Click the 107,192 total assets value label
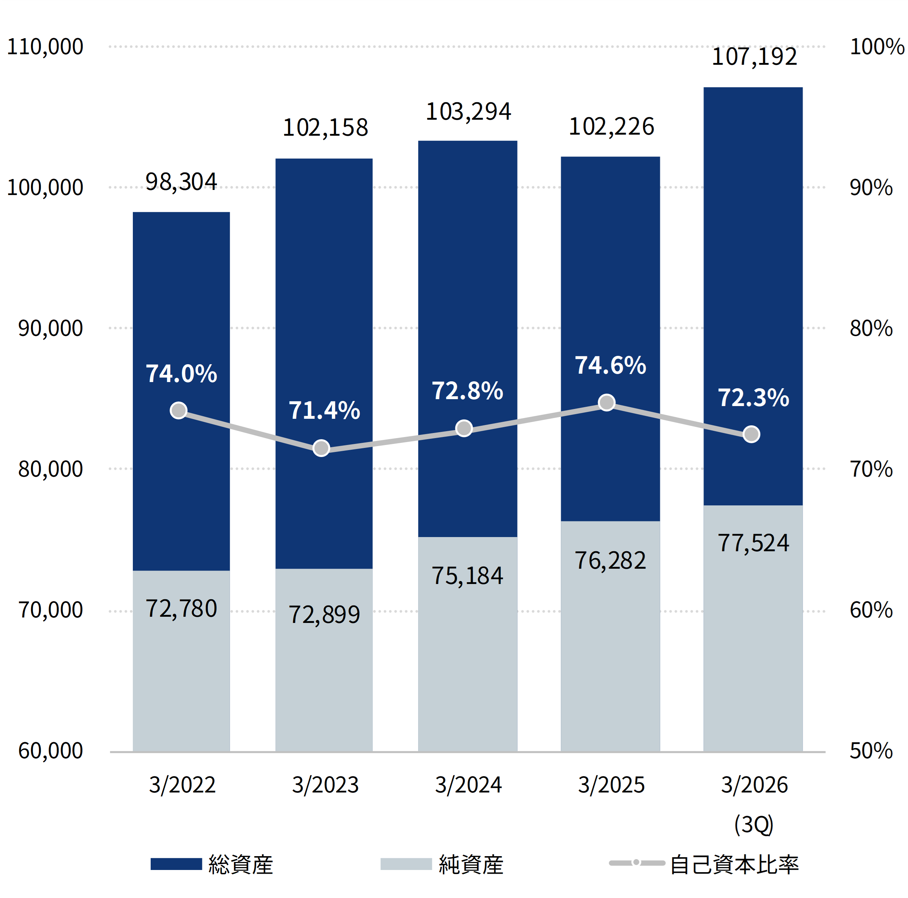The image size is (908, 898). click(754, 57)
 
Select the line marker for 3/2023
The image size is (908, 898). click(321, 448)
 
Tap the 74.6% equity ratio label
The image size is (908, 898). click(611, 366)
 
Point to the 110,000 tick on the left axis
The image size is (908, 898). click(45, 47)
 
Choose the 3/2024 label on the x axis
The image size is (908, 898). click(468, 785)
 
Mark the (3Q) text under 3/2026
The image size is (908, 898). click(754, 824)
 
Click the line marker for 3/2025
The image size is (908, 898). click(607, 403)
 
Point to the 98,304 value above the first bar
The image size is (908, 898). click(181, 182)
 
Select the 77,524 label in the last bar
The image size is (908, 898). click(753, 543)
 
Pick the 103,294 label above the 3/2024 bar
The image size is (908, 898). click(468, 112)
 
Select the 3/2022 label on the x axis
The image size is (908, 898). click(182, 785)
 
